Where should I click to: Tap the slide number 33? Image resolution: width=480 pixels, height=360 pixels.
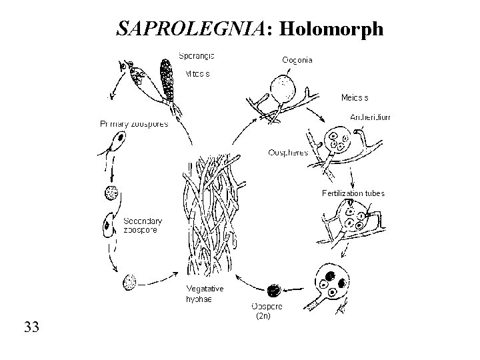[x=31, y=327]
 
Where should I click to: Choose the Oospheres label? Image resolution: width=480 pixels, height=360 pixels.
[x=288, y=152]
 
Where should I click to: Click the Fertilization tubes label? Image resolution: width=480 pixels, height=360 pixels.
[x=353, y=193]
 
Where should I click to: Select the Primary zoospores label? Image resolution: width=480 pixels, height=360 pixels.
[x=134, y=123]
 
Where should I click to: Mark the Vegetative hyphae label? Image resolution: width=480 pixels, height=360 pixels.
[x=205, y=294]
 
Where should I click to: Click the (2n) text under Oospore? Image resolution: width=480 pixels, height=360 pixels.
[x=264, y=317]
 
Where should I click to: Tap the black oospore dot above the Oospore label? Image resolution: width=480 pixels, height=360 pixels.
[x=273, y=290]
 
